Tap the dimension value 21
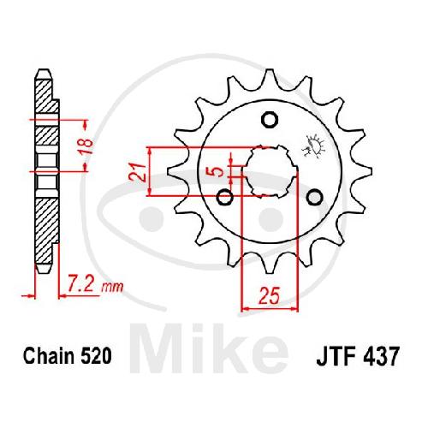point(137,173)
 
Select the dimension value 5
point(219,172)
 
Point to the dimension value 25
point(269,295)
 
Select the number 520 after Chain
point(97,356)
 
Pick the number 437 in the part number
point(379,356)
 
